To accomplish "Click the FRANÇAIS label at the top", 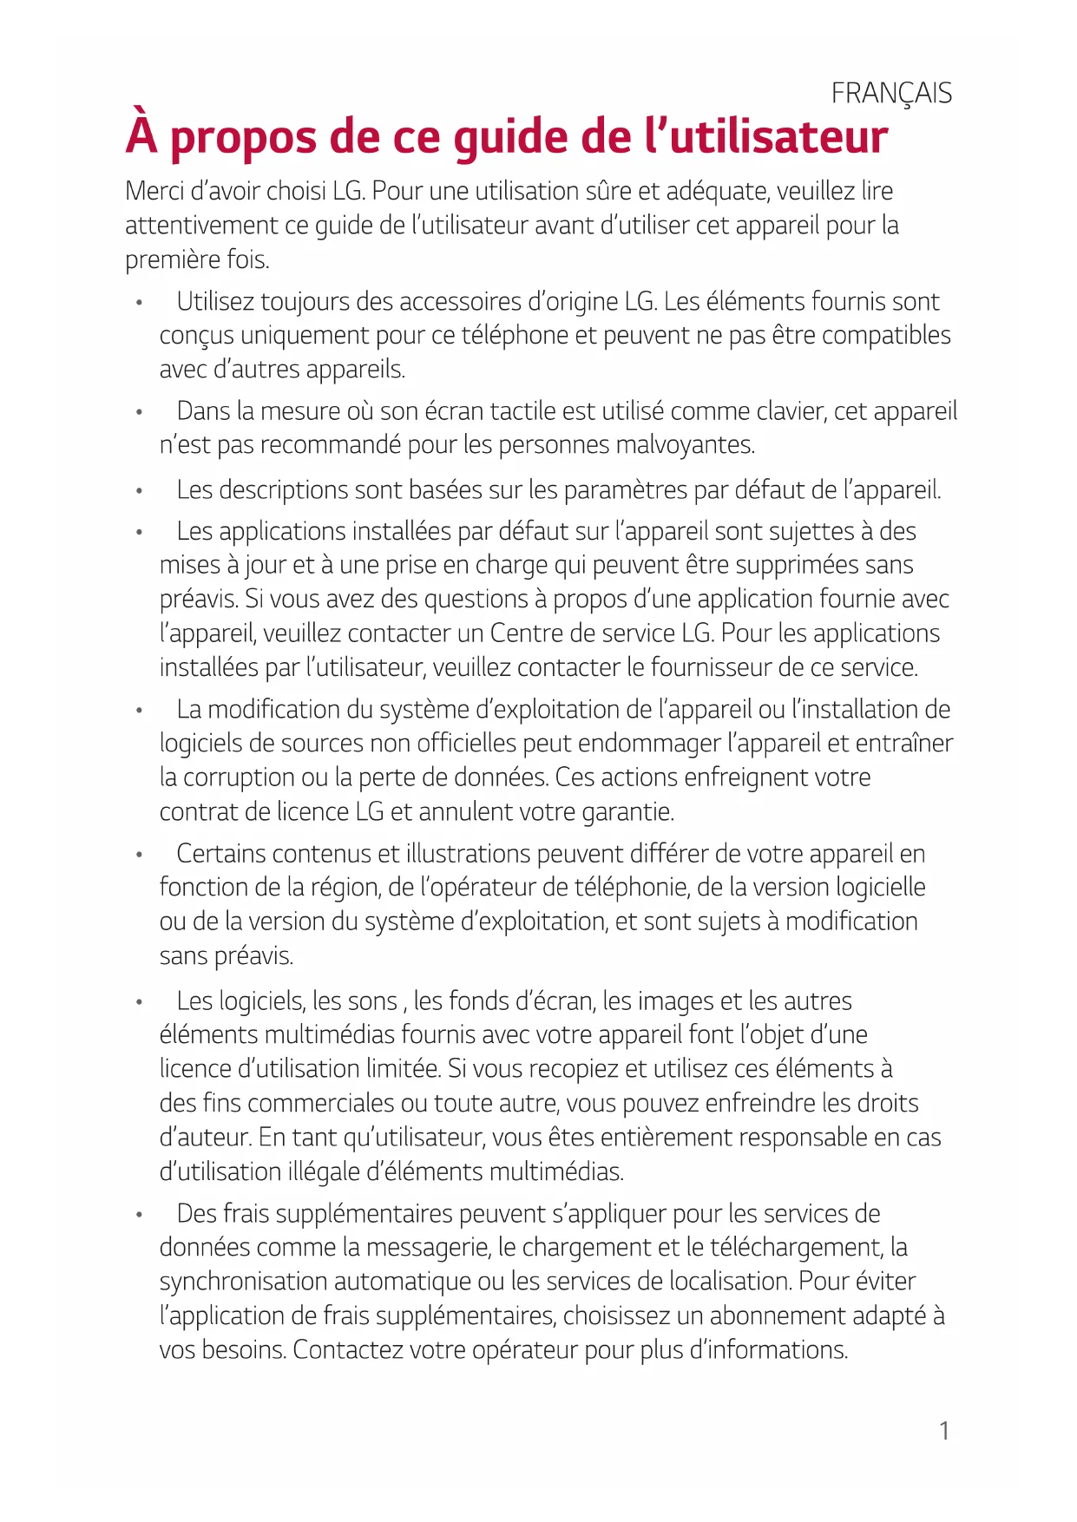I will tap(891, 93).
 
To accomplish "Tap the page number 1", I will tap(944, 1431).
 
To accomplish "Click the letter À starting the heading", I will tap(141, 134).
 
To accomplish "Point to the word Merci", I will tap(157, 191).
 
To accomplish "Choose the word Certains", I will tap(221, 854).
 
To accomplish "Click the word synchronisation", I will tap(244, 1282).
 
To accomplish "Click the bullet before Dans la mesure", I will tap(138, 411).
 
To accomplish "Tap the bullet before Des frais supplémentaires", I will tap(138, 1214).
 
